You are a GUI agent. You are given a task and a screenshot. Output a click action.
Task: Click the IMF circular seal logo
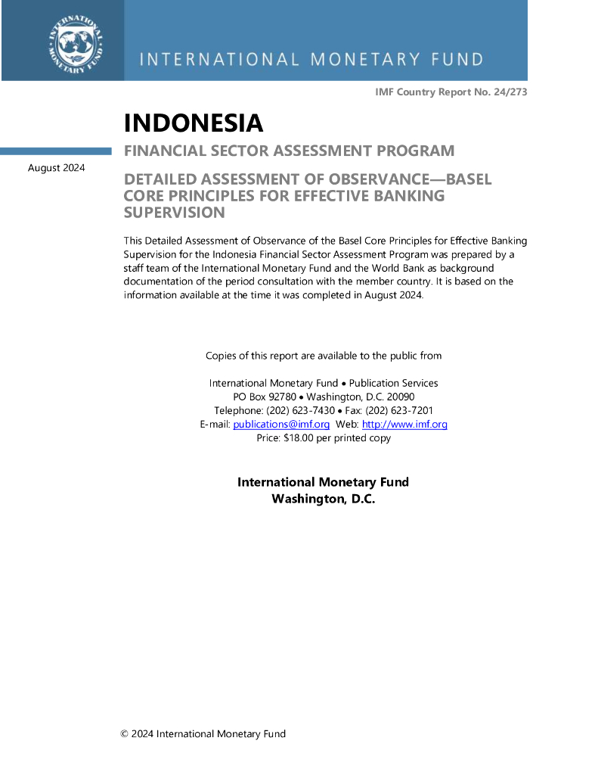point(76,40)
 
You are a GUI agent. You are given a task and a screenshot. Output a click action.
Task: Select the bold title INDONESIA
point(193,123)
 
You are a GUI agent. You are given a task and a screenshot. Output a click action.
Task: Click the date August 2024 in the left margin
point(57,167)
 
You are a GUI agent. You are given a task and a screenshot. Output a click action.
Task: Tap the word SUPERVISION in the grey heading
point(174,213)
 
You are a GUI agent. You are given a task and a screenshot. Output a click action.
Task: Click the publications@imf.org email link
point(281,425)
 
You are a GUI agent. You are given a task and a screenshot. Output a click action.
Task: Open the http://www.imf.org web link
point(404,425)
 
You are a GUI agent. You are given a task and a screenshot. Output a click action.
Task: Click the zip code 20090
point(400,397)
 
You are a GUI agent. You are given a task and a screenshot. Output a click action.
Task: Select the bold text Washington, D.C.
point(324,500)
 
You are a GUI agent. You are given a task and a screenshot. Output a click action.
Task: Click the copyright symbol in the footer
point(125,734)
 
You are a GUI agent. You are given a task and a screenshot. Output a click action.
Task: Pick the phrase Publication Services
point(393,384)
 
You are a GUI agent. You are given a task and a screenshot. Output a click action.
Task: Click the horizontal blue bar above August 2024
point(56,151)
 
